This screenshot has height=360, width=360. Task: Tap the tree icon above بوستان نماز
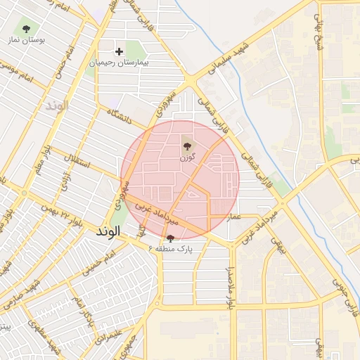tap(27, 29)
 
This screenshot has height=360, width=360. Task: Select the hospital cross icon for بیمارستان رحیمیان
tap(119, 51)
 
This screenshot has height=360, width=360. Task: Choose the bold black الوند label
tap(109, 231)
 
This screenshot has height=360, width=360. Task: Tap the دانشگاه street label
tap(120, 116)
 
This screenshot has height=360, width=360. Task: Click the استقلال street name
tap(77, 163)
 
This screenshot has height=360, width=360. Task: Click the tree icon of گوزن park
tap(187, 147)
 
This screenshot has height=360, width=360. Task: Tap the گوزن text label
tap(186, 158)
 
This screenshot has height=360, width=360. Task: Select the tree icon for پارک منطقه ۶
tap(169, 238)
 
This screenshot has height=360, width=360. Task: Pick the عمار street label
tap(234, 217)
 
